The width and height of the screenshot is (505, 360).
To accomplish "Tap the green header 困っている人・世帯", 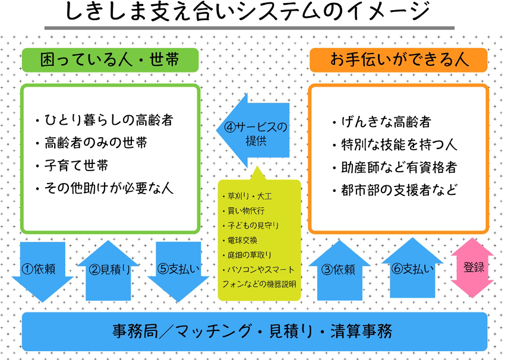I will [x=111, y=59].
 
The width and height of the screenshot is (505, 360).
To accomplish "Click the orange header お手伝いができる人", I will [x=399, y=59].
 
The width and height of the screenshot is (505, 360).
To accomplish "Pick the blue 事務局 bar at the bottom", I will [x=254, y=331].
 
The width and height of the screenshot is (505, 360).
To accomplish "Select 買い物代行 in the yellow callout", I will [x=245, y=210].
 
